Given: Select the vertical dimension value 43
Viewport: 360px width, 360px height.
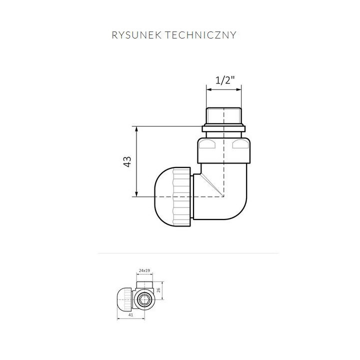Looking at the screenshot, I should pyautogui.click(x=127, y=161).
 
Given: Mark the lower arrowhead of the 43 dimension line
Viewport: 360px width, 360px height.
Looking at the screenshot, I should pyautogui.click(x=136, y=193).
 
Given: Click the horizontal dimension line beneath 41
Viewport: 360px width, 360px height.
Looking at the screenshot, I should pyautogui.click(x=135, y=319).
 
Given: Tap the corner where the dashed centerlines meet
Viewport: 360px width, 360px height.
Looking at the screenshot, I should pyautogui.click(x=223, y=196).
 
